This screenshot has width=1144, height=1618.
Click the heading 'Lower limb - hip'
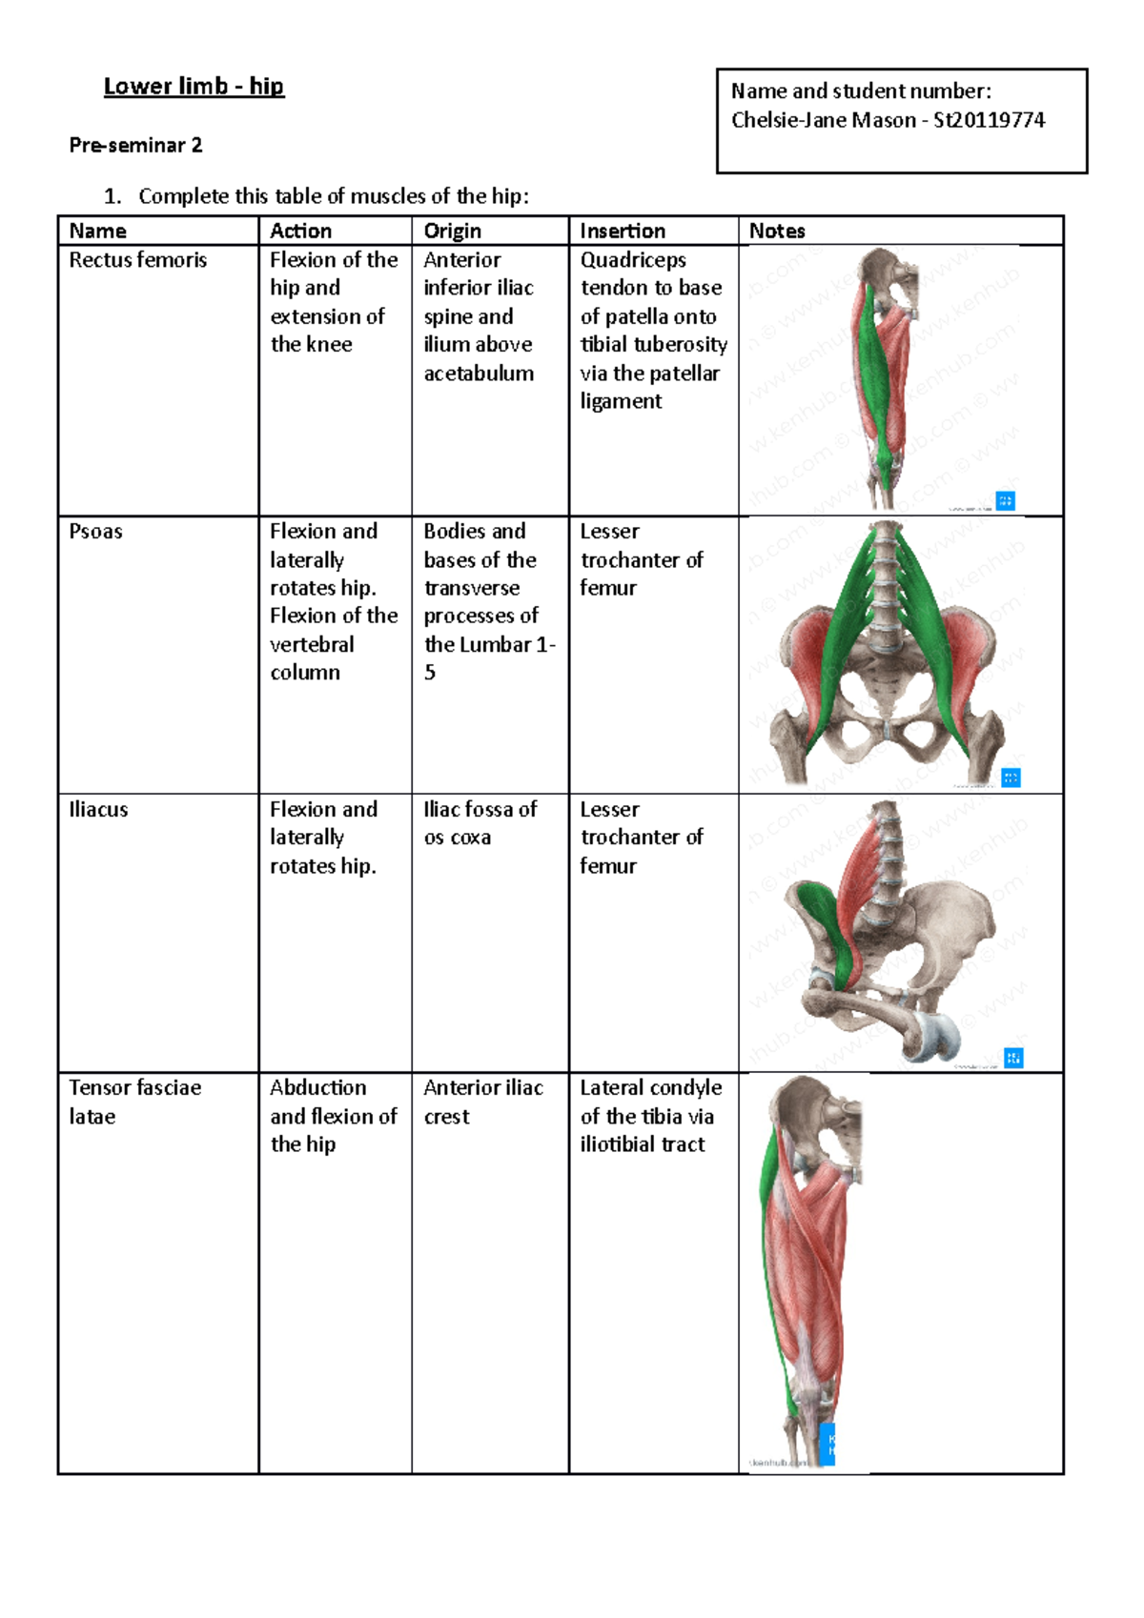tap(194, 87)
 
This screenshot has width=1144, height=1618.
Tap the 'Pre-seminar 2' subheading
tap(135, 146)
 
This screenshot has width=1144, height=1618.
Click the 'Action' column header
tap(300, 231)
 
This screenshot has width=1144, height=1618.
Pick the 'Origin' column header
tap(452, 231)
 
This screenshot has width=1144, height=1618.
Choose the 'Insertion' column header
tap(623, 231)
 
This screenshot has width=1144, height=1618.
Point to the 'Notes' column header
tap(777, 231)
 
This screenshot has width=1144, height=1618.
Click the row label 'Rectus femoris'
tap(138, 260)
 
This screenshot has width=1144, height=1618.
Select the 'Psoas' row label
tap(95, 532)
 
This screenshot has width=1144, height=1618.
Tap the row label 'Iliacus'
tap(98, 810)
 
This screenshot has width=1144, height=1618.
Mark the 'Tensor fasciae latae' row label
tap(134, 1102)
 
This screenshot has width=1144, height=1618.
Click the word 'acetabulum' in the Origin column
tap(479, 374)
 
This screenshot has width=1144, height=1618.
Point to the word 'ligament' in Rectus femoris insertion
tap(621, 401)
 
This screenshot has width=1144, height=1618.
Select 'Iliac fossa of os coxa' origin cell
tap(480, 823)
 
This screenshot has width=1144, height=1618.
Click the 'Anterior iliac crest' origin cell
tap(483, 1102)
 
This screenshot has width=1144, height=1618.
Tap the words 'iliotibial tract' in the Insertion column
tap(643, 1144)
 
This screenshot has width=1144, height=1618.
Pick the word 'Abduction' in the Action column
tap(317, 1088)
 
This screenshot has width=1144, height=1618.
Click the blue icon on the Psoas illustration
tap(1011, 778)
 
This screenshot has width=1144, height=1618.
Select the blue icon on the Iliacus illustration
tap(1013, 1058)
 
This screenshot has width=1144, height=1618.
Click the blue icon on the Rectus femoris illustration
tap(1005, 500)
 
